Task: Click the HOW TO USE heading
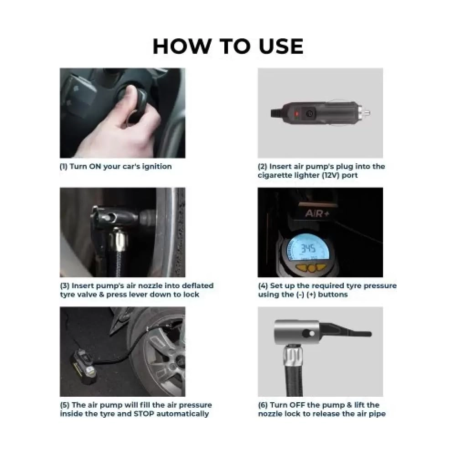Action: (228, 46)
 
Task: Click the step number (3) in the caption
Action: (64, 286)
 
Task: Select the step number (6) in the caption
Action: (263, 405)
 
